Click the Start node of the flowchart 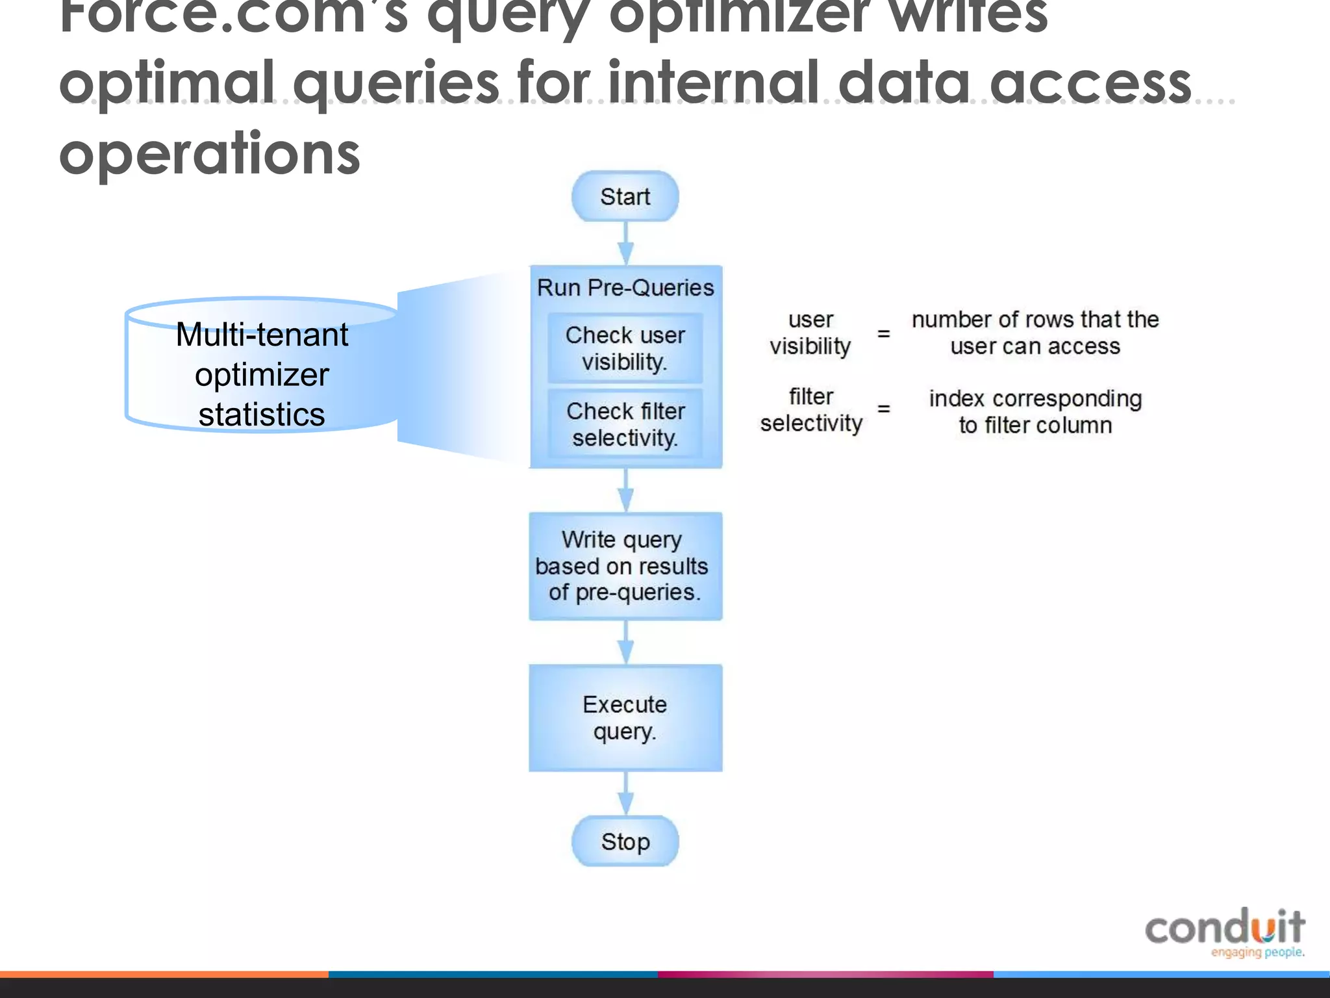tap(625, 196)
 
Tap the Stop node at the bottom tap(625, 841)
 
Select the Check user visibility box tap(625, 348)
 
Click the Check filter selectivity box tap(625, 424)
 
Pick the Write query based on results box tap(625, 566)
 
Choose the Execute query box tap(625, 717)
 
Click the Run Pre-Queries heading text tap(625, 287)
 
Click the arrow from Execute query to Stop tap(625, 794)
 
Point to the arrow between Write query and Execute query tap(625, 643)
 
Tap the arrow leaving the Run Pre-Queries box tap(625, 491)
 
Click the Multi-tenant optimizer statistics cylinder tap(262, 374)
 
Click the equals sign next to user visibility tap(883, 333)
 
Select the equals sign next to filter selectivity tap(883, 409)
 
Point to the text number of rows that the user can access tap(1035, 333)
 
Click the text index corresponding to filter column tap(1035, 411)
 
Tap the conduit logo tap(1225, 932)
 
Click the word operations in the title tap(209, 153)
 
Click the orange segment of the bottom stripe tap(164, 975)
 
